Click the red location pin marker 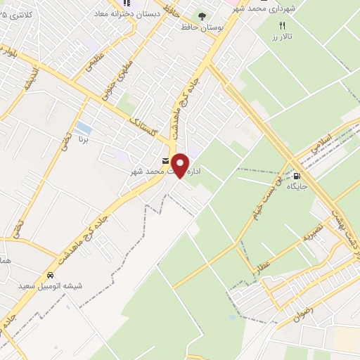pos(181,166)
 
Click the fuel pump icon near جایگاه pos(297,176)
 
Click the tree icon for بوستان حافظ pos(202,15)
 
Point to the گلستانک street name pos(145,129)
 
